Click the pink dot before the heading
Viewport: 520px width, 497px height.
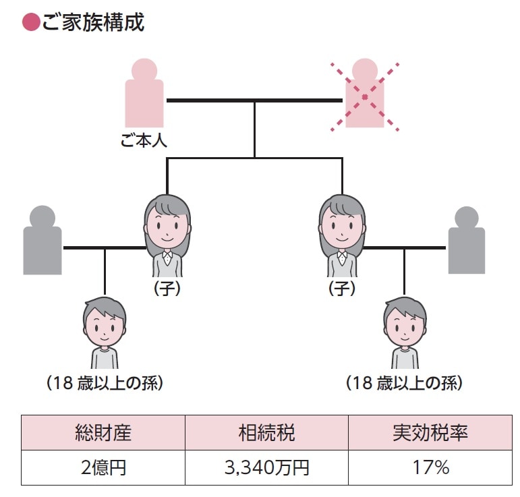pyautogui.click(x=30, y=23)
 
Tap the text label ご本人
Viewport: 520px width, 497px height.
pyautogui.click(x=144, y=142)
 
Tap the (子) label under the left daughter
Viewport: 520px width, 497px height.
pyautogui.click(x=167, y=289)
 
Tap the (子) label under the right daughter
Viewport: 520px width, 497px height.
pyautogui.click(x=342, y=289)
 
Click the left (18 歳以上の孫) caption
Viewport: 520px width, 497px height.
pyautogui.click(x=105, y=384)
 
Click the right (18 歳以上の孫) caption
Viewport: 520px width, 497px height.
pyautogui.click(x=405, y=384)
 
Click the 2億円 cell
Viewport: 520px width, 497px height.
pyautogui.click(x=103, y=467)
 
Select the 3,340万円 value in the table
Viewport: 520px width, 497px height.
pyautogui.click(x=266, y=467)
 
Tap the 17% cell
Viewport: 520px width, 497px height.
pyautogui.click(x=430, y=467)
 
